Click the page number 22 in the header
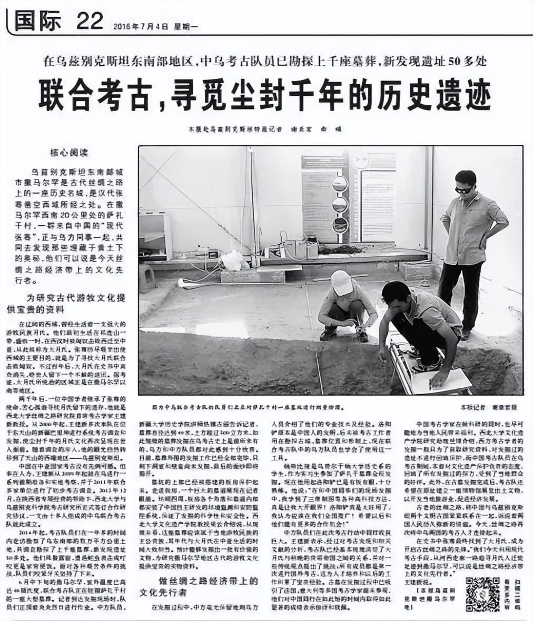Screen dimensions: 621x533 tap(90, 22)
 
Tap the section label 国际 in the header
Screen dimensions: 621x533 tap(38, 22)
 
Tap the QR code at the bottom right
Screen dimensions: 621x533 tap(482, 594)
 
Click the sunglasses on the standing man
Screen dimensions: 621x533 tap(464, 189)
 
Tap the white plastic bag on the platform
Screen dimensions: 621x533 tap(232, 260)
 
